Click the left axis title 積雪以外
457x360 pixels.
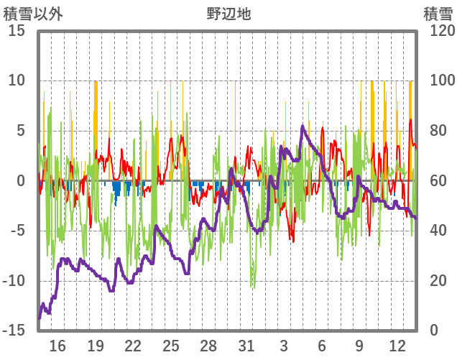coord(33,14)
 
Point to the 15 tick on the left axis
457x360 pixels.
coord(17,31)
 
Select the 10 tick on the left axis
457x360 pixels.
coord(17,80)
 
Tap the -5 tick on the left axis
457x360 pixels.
coord(18,231)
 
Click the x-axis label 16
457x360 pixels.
coord(57,346)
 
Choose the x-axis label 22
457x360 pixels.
coord(133,346)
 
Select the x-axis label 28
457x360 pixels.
coord(208,346)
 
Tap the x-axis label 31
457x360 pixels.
coord(246,346)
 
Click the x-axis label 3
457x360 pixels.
coord(284,346)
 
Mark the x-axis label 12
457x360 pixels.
coord(397,346)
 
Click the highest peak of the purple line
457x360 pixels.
coord(303,126)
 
